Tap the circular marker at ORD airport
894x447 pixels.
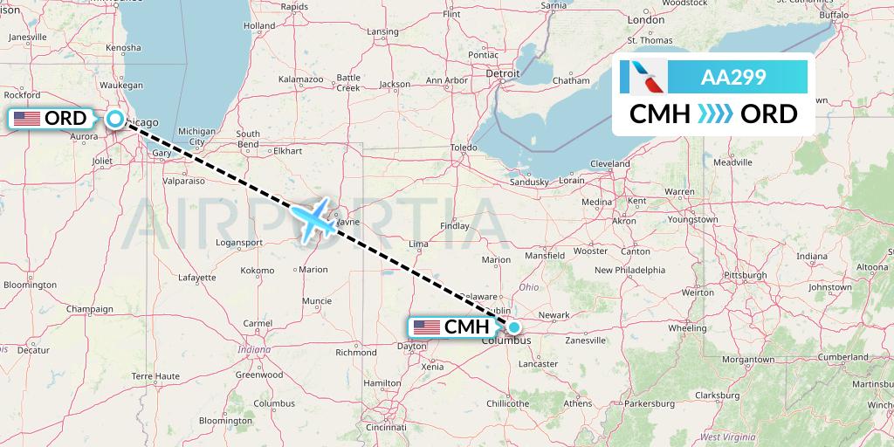click(114, 120)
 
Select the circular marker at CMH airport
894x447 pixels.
click(514, 328)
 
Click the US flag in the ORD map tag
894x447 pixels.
click(26, 118)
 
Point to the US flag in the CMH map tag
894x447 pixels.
click(427, 327)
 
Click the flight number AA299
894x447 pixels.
click(733, 78)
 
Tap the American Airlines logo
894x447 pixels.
click(643, 77)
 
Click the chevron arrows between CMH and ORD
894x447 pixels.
click(717, 114)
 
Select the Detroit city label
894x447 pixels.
click(503, 74)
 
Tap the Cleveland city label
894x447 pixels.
click(609, 163)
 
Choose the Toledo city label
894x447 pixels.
click(464, 148)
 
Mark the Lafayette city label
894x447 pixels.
click(197, 277)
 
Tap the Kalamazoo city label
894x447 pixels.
click(301, 79)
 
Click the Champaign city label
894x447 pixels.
click(91, 308)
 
